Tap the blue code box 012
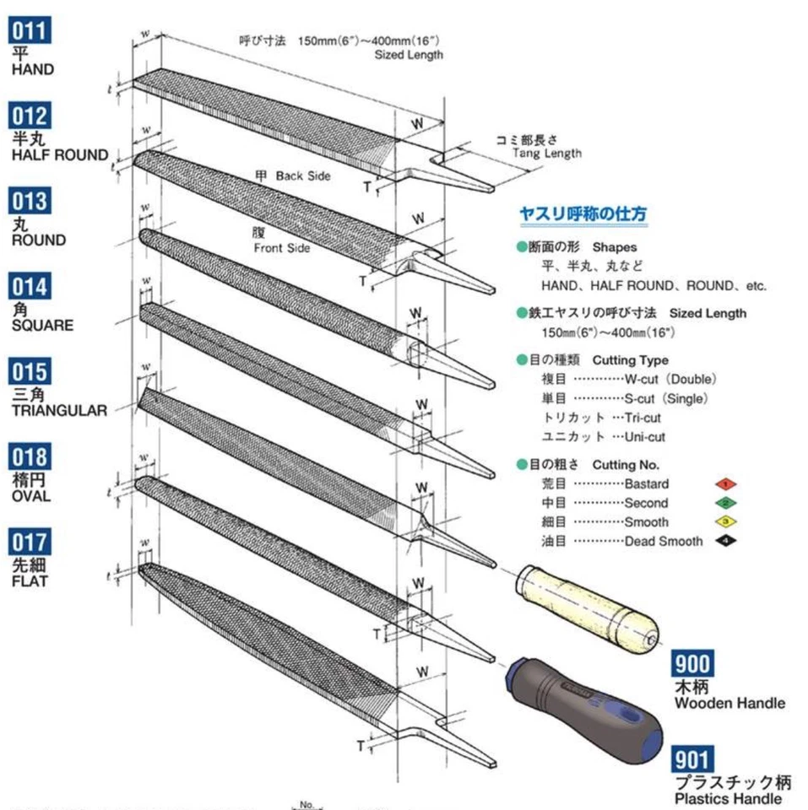pos(30,116)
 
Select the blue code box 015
pos(30,371)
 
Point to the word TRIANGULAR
pos(59,411)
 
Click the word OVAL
pos(31,496)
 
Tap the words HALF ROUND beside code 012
pos(59,155)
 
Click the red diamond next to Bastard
pos(724,484)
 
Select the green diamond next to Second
pos(724,503)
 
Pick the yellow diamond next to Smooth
pos(724,521)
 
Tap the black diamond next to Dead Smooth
pos(724,541)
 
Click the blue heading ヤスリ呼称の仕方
pos(583,214)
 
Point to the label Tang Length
pos(546,153)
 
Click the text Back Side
pos(302,176)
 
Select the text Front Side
pos(281,248)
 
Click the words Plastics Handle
pos(727,798)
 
